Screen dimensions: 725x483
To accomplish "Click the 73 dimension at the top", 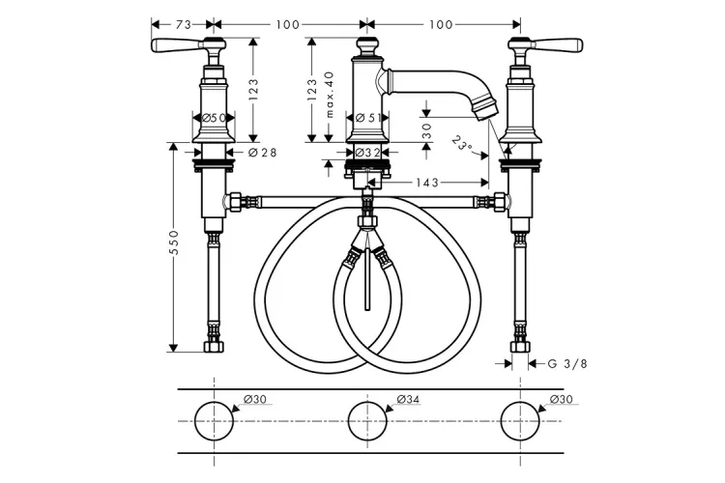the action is (183, 24).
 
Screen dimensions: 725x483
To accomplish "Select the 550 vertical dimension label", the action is (174, 243).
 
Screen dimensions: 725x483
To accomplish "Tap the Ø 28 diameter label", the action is (263, 152).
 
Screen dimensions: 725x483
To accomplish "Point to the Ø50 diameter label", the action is (214, 118).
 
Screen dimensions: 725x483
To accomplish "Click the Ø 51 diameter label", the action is (367, 118).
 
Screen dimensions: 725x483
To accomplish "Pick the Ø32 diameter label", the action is (367, 152).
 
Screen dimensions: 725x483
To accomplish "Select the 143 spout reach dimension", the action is (426, 183).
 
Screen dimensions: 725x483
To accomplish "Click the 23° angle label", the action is (463, 145).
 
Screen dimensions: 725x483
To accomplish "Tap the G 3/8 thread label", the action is (567, 364).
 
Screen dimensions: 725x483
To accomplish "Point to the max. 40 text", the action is (330, 95).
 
